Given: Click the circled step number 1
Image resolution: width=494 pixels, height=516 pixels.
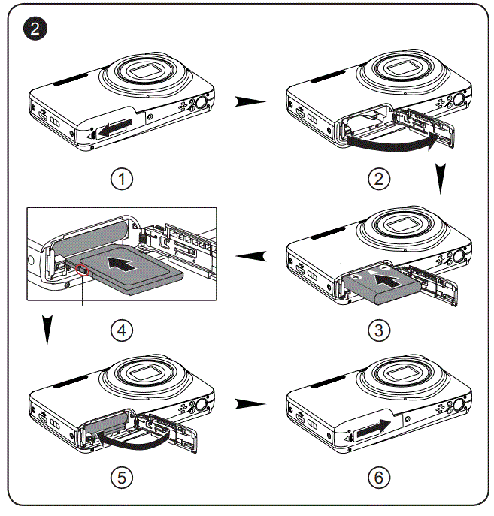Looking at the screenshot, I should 121,179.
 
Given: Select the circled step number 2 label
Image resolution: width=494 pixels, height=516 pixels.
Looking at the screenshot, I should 379,179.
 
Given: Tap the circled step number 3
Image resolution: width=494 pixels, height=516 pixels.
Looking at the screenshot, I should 379,329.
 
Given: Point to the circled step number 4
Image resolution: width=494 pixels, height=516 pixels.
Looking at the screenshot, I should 121,329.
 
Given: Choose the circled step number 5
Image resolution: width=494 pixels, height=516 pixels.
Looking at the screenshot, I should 121,477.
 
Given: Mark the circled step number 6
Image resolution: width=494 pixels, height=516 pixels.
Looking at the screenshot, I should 379,477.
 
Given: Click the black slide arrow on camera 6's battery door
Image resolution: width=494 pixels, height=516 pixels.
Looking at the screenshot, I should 371,429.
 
